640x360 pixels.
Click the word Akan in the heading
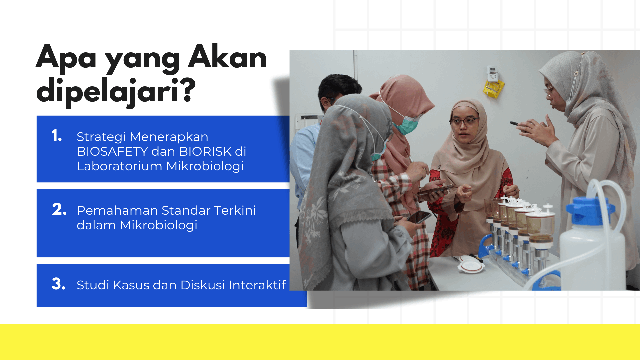[x=227, y=57]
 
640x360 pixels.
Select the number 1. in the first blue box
[x=57, y=136]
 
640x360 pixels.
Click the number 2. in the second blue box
[x=59, y=209]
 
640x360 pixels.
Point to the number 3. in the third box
[x=59, y=284]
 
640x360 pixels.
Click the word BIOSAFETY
[x=112, y=152]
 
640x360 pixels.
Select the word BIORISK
[x=205, y=152]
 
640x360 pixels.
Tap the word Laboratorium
[x=119, y=166]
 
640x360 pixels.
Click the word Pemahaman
[x=117, y=211]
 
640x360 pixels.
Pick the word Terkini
[x=235, y=211]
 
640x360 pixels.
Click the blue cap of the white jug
[x=590, y=210]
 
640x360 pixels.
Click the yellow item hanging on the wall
[x=494, y=89]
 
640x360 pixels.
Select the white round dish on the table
[x=471, y=265]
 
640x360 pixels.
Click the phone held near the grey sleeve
[x=419, y=217]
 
